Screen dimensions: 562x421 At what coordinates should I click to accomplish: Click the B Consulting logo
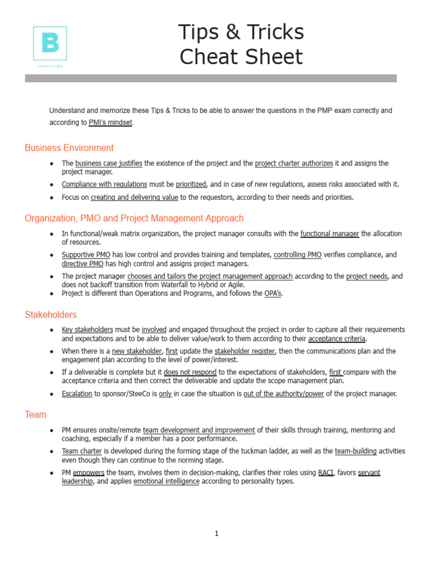point(50,45)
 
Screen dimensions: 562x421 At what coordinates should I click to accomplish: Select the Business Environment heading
point(69,148)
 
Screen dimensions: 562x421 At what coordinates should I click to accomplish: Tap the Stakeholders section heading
point(50,314)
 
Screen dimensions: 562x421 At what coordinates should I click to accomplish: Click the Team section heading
point(36,414)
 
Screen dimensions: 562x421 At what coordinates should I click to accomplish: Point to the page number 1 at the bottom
point(217,533)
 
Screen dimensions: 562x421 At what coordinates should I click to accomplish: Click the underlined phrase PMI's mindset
point(110,122)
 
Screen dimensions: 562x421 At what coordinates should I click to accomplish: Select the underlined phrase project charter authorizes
point(294,163)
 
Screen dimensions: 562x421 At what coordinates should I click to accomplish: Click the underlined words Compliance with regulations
point(104,184)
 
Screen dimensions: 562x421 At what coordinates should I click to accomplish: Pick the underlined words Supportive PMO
point(86,255)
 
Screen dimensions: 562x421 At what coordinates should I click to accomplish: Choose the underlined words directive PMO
point(82,263)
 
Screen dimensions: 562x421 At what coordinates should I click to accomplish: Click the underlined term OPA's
point(273,293)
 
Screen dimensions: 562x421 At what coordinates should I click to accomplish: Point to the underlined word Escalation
point(77,394)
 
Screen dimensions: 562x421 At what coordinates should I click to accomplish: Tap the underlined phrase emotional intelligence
point(167,481)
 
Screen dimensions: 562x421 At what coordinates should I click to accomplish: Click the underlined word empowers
point(88,473)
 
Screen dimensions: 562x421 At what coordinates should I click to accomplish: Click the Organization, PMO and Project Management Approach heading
point(134,218)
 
